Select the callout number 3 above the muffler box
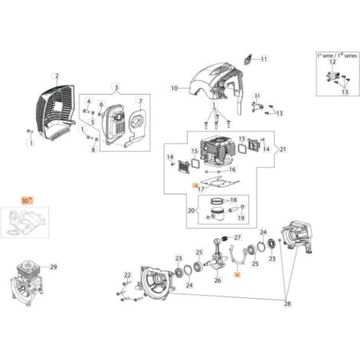116,87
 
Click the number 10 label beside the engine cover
174,89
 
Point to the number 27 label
237,237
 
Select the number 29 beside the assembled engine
53,267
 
